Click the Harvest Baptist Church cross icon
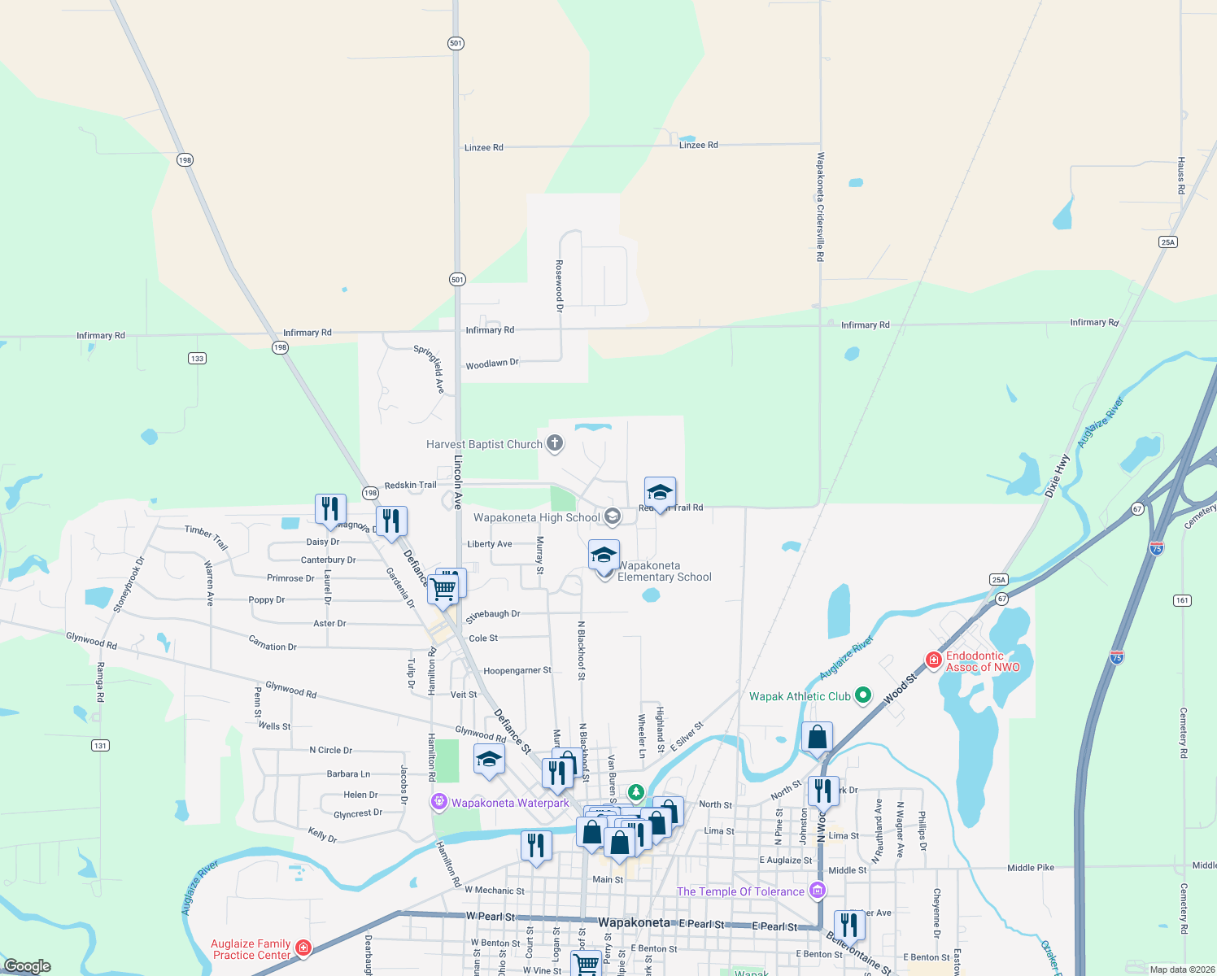click(555, 443)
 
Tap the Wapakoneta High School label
click(537, 517)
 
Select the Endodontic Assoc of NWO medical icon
click(933, 660)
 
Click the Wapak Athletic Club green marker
click(863, 695)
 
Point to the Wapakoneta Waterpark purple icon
click(439, 802)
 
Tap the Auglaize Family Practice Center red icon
click(303, 948)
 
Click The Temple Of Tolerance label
click(740, 891)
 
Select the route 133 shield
click(197, 358)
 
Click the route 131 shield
click(100, 745)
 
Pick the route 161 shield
click(1182, 600)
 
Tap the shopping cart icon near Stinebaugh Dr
click(444, 588)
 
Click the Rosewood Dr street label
click(560, 285)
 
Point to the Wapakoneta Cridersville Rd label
click(820, 207)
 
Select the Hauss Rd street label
click(1181, 176)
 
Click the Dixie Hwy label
click(1058, 476)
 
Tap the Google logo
click(28, 966)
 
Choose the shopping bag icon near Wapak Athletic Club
click(818, 738)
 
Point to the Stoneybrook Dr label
click(129, 585)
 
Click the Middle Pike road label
click(1030, 868)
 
